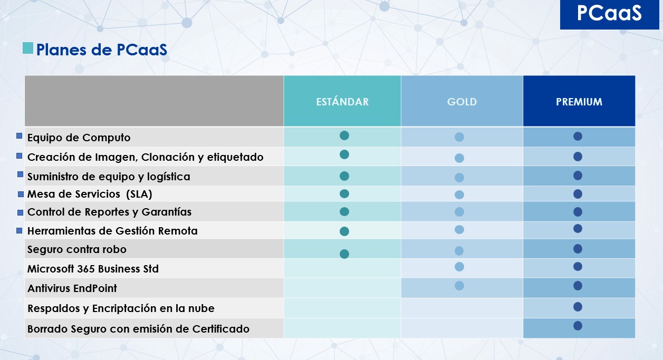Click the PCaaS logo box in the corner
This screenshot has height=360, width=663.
point(609,14)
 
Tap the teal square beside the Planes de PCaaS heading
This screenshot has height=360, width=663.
point(28,48)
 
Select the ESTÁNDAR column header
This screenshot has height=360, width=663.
point(342,101)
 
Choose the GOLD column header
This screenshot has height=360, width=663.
point(462,101)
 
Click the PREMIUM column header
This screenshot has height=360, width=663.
point(579,101)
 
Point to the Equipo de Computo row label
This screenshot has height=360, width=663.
point(79,138)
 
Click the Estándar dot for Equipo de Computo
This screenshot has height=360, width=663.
point(344,135)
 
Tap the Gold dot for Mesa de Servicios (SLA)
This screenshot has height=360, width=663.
point(459,194)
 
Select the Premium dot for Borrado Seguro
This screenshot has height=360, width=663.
point(578,326)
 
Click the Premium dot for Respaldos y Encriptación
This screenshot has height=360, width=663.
point(578,307)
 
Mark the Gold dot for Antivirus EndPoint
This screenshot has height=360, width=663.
point(459,286)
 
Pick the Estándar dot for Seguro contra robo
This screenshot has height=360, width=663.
point(344,254)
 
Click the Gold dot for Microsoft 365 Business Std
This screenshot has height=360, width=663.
point(459,267)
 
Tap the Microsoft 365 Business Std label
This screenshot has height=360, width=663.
point(93,269)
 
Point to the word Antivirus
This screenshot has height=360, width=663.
point(50,288)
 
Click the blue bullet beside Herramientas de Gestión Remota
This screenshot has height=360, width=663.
point(19,230)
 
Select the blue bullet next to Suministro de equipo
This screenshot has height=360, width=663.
point(20,174)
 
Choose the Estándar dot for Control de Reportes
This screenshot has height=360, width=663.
point(344,211)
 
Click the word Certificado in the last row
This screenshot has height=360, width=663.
point(221,329)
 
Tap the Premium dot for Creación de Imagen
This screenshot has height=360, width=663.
point(578,157)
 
